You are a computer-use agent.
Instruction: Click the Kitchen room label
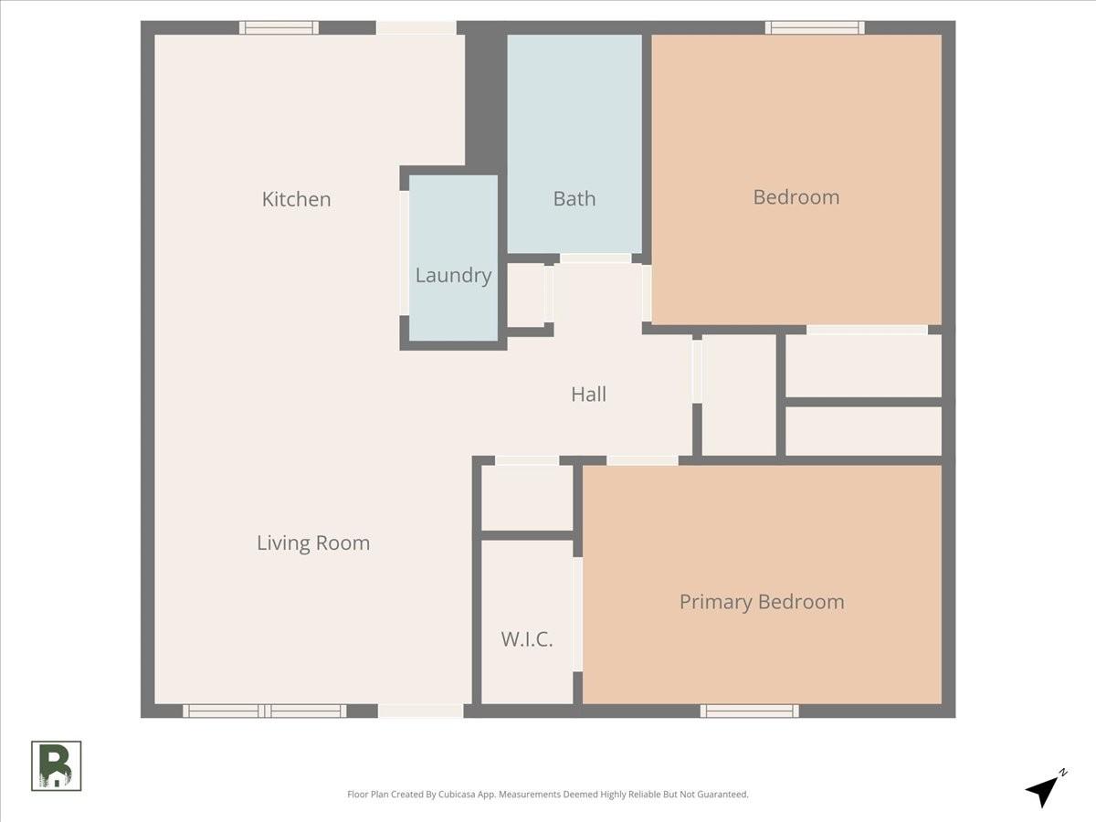click(x=296, y=199)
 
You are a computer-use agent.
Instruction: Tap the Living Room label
click(x=313, y=543)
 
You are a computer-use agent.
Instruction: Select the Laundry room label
click(x=453, y=276)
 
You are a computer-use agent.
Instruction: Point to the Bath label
click(x=574, y=198)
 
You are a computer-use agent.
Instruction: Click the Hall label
click(x=589, y=395)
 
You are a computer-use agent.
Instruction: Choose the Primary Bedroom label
click(x=762, y=602)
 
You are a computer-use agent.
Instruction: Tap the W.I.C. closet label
click(x=527, y=639)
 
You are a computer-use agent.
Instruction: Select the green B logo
click(x=56, y=766)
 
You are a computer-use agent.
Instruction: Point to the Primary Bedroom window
click(x=750, y=711)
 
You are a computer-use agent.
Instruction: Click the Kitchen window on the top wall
click(x=279, y=27)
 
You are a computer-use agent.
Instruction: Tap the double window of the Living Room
click(x=265, y=711)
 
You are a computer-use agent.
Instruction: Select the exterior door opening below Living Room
click(x=420, y=711)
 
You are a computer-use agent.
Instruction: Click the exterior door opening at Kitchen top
click(x=416, y=27)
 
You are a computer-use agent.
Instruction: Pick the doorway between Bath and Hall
click(x=595, y=258)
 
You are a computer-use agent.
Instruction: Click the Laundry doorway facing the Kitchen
click(x=404, y=253)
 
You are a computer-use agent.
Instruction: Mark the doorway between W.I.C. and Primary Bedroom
click(x=578, y=615)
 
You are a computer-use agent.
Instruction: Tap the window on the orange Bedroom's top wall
click(x=815, y=27)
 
